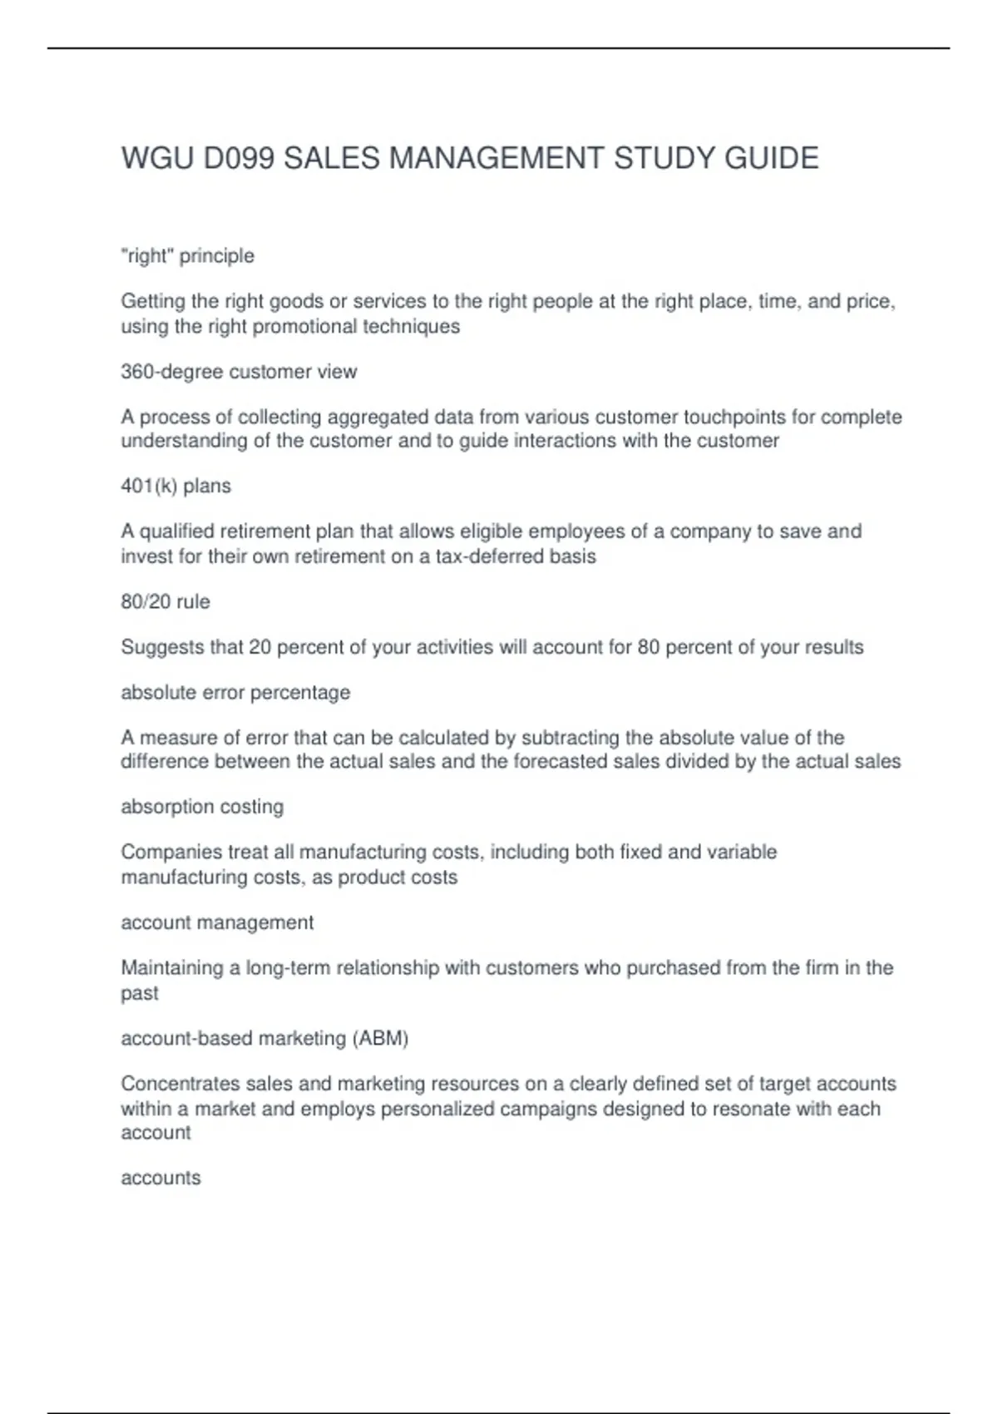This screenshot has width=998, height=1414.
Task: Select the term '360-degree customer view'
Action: click(x=239, y=372)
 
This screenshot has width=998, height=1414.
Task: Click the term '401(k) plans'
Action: click(x=175, y=486)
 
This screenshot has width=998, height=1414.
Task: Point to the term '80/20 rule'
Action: click(x=166, y=601)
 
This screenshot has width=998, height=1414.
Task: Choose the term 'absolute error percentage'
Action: click(x=235, y=693)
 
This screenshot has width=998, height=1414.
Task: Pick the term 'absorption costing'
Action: click(x=202, y=807)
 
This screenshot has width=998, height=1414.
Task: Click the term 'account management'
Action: click(x=217, y=922)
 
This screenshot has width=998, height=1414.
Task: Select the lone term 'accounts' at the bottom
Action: click(x=161, y=1178)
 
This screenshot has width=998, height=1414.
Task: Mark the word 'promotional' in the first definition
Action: click(x=308, y=326)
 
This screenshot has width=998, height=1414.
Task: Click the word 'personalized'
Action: click(x=435, y=1109)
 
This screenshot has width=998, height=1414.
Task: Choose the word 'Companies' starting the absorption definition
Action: click(x=166, y=853)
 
